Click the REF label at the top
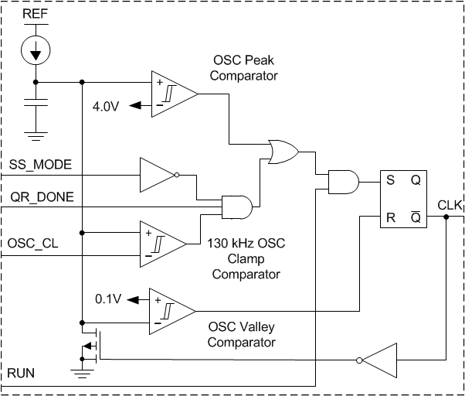point(34,15)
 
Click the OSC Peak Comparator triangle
point(171,94)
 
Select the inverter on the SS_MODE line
point(158,175)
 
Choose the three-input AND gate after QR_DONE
point(236,207)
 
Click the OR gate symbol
point(281,152)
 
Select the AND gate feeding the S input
point(343,182)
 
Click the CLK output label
point(450,205)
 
